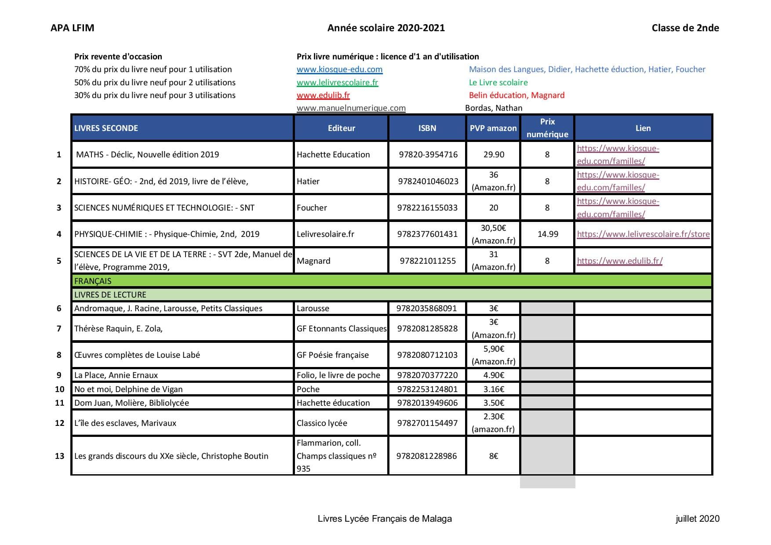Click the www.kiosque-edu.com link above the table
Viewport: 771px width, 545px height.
pyautogui.click(x=339, y=69)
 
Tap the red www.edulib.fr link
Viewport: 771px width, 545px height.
pyautogui.click(x=323, y=95)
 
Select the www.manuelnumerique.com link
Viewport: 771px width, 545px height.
pyautogui.click(x=351, y=108)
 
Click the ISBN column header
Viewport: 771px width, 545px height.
pyautogui.click(x=427, y=128)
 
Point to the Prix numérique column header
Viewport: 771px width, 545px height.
pyautogui.click(x=547, y=128)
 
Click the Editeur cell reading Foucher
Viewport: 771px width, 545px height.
pyautogui.click(x=312, y=208)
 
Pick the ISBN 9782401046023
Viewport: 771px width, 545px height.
pyautogui.click(x=428, y=182)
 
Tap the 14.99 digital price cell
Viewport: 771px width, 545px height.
pyautogui.click(x=548, y=234)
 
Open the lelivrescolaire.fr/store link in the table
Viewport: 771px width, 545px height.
pyautogui.click(x=643, y=234)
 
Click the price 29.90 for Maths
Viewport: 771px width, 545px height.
pyautogui.click(x=494, y=155)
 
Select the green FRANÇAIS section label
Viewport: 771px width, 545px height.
pyautogui.click(x=93, y=281)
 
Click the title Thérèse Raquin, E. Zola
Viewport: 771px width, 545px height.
pyautogui.click(x=118, y=329)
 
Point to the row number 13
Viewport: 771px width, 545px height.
pyautogui.click(x=60, y=456)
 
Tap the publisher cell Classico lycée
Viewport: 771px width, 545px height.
pyautogui.click(x=322, y=423)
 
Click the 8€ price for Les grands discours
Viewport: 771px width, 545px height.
pyautogui.click(x=494, y=456)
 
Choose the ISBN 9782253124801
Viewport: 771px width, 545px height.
pyautogui.click(x=427, y=389)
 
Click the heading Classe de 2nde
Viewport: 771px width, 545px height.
pyautogui.click(x=685, y=28)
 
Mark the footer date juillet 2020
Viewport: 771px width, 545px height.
pyautogui.click(x=697, y=519)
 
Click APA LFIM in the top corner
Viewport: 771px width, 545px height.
pyautogui.click(x=72, y=28)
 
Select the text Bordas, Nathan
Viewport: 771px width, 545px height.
pyautogui.click(x=494, y=108)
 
